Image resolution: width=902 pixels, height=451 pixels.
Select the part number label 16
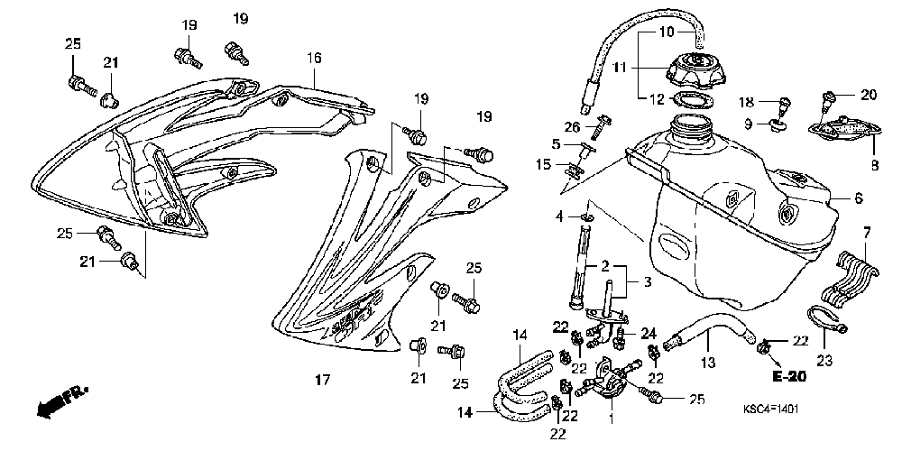(x=314, y=58)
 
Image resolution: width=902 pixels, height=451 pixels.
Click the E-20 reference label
(x=788, y=377)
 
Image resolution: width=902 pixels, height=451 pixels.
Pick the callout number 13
(x=707, y=363)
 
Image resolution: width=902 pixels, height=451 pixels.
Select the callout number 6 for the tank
(x=859, y=198)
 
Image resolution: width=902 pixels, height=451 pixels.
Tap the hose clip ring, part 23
(x=826, y=319)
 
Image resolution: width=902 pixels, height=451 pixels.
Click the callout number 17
(x=323, y=380)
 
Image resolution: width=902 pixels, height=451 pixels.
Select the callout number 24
(x=649, y=333)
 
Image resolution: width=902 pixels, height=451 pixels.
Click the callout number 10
(x=667, y=32)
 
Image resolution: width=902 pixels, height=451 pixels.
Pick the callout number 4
(x=559, y=216)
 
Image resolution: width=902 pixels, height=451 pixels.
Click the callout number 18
(x=747, y=103)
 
